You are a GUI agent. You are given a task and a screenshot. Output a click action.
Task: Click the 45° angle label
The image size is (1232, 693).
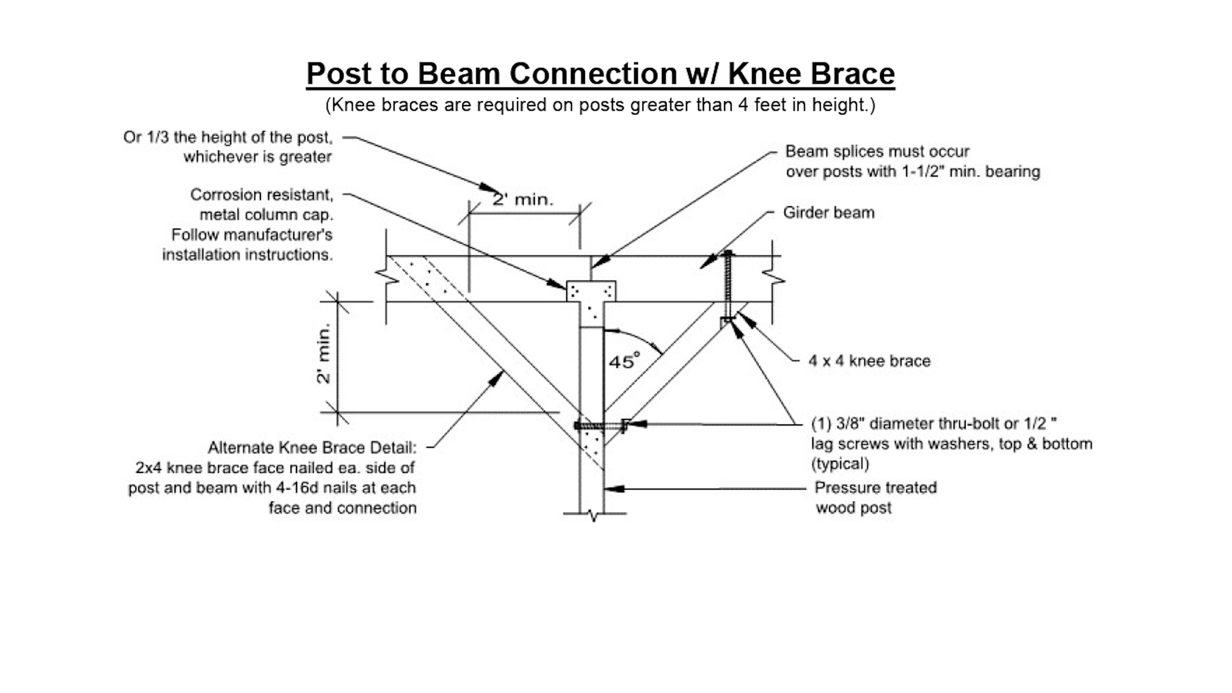tap(624, 360)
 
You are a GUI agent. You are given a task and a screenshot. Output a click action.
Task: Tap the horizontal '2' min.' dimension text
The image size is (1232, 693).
tap(523, 199)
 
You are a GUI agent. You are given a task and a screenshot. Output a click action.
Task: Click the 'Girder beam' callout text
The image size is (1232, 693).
tap(828, 212)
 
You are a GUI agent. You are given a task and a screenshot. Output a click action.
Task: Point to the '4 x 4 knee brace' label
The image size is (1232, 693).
tap(869, 361)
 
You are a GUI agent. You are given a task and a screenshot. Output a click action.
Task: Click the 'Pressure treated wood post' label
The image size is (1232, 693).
tap(876, 497)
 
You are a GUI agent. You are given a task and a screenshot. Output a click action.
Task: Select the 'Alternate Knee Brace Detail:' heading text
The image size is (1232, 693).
tap(312, 448)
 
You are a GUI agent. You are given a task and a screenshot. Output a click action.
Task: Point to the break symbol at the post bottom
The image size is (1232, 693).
tap(594, 515)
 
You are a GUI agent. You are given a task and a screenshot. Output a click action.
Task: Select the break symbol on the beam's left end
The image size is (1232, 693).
tap(386, 277)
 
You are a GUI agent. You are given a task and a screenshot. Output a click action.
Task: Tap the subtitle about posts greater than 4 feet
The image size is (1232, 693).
tap(600, 105)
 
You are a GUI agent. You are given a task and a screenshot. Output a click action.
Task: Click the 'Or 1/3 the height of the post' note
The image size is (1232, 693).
tap(228, 146)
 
